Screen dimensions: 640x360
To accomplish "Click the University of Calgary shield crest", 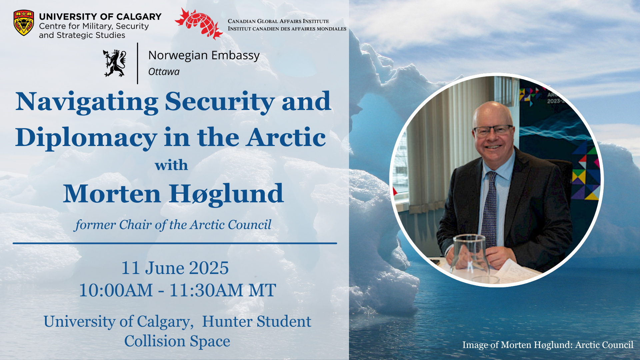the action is click(24, 23).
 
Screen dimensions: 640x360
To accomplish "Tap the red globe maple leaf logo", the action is click(199, 23).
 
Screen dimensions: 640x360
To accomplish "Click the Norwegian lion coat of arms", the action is click(115, 63).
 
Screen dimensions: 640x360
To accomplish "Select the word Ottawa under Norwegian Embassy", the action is click(164, 72).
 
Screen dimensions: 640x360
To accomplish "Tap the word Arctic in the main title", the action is click(286, 137).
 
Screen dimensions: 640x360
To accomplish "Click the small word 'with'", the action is click(171, 165).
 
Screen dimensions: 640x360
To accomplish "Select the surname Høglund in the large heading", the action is click(226, 194).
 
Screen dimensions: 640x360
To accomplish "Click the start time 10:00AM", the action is click(116, 290).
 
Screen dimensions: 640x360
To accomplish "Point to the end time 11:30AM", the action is click(206, 290).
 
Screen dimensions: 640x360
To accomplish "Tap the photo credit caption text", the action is click(548, 345).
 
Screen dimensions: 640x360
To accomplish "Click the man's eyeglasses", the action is click(493, 130).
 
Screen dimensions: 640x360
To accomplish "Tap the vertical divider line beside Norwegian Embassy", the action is click(137, 63).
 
